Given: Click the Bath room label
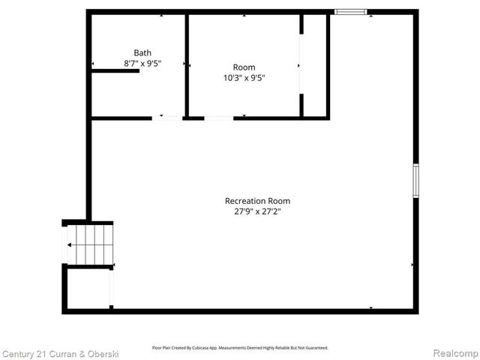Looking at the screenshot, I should point(142,52).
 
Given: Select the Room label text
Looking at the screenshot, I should point(244,67).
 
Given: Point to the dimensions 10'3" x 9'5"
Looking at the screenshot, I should point(244,78).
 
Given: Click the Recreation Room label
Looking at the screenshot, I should point(257,200).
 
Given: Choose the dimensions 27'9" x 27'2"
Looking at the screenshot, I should point(257,211).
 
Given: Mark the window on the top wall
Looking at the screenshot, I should point(350,12).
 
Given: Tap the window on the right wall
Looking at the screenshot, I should point(415,181).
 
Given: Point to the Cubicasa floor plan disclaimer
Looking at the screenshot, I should point(240,347).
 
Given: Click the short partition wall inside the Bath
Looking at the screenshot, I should point(115,70).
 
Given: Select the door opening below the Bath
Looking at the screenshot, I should point(167,118).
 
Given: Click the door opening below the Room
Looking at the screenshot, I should point(218,118).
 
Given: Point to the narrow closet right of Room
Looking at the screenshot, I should point(314,65).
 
